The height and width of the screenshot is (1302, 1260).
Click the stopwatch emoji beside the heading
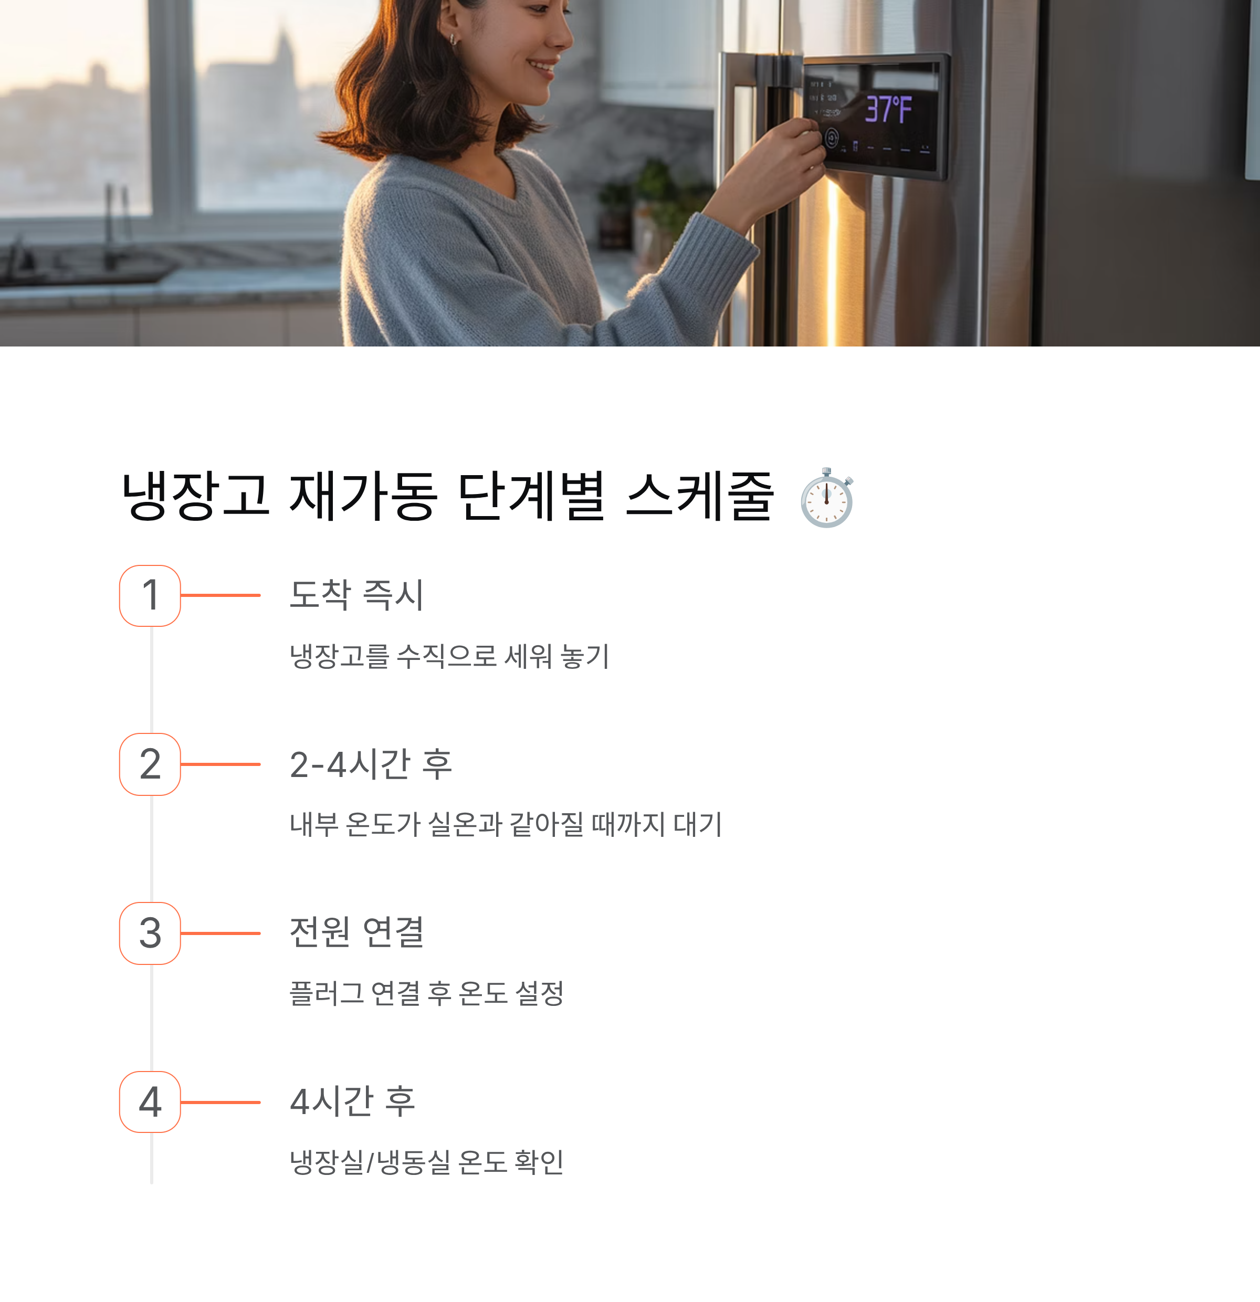(826, 498)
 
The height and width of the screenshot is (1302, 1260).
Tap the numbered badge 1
(150, 595)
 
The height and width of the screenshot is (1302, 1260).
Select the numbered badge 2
(150, 764)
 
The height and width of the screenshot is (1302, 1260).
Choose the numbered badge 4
(150, 1101)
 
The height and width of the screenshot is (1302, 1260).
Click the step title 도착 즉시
(356, 594)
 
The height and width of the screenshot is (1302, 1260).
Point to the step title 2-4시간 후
(371, 764)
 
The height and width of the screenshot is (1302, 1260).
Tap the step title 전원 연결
(356, 932)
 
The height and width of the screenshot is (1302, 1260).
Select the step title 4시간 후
(353, 1101)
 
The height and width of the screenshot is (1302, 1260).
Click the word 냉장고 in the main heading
(196, 496)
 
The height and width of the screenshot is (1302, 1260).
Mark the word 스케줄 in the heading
(699, 496)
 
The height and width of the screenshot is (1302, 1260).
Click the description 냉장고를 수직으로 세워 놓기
(449, 656)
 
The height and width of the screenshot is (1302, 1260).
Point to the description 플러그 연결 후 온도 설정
(426, 993)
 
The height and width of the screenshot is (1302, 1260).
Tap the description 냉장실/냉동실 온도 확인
(426, 1162)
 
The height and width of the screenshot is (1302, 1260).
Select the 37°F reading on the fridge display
(888, 110)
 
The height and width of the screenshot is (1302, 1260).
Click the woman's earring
(453, 39)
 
